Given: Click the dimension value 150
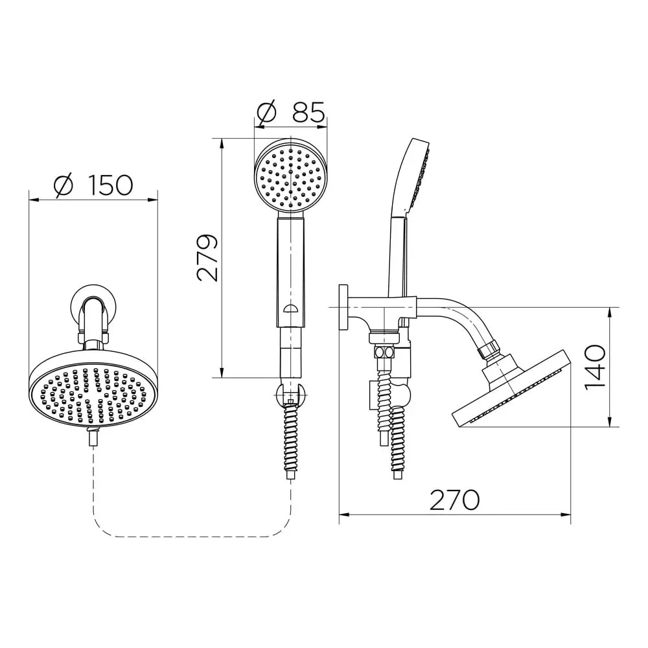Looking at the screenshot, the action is (110, 185).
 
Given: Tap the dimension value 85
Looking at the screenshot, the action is (308, 111).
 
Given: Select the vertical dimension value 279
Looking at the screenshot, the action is (207, 258).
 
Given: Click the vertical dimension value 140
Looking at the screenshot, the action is (596, 366).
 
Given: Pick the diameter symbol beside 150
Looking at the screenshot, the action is (64, 185).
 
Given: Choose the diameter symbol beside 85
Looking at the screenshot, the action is (266, 111).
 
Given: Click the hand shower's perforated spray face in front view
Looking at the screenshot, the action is (291, 176).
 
